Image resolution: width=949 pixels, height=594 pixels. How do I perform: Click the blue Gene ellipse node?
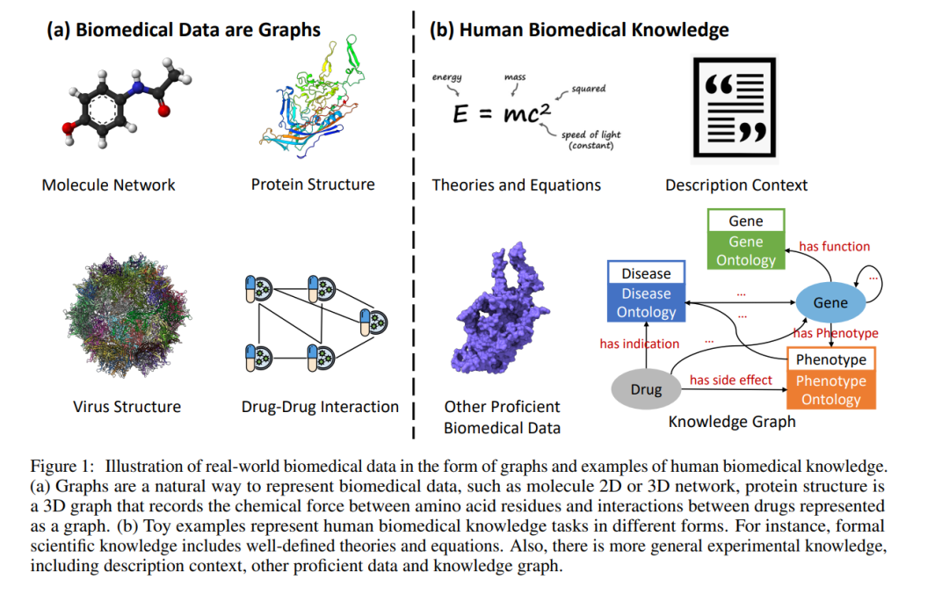(830, 303)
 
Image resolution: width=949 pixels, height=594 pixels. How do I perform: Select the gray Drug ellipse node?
(646, 389)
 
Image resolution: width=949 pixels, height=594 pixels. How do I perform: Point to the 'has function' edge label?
(834, 247)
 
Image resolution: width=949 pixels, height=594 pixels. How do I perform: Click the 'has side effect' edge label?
(730, 380)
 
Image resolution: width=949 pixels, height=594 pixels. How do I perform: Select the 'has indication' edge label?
(639, 344)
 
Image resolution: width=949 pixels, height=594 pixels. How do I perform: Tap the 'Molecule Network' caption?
(108, 185)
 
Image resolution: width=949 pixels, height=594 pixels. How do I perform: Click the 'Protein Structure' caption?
(313, 185)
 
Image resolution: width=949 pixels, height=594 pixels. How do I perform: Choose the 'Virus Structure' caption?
(127, 407)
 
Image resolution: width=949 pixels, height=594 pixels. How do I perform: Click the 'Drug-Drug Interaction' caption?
(320, 407)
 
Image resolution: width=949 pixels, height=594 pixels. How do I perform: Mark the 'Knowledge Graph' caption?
(732, 422)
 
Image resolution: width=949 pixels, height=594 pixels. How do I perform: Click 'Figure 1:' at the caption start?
(62, 466)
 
